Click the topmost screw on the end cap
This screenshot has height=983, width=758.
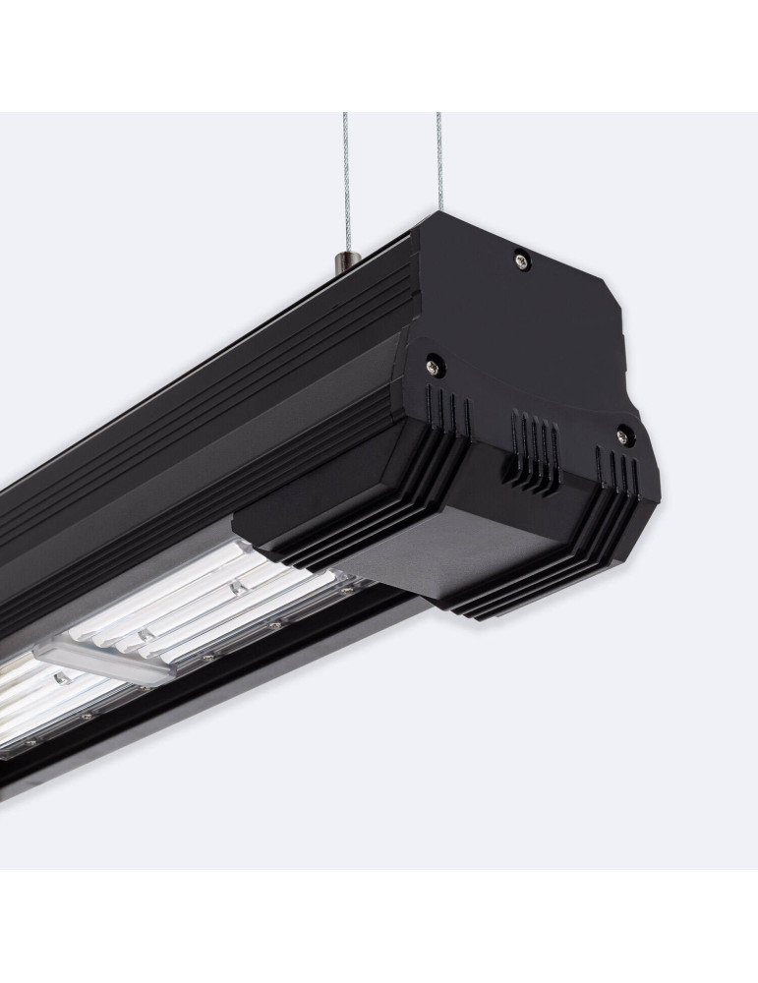point(521,260)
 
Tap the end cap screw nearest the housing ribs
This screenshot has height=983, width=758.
point(432,367)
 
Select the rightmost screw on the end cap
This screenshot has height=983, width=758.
point(621,432)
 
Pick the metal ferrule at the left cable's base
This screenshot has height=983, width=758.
point(340,260)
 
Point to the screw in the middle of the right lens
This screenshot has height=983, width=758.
point(236,588)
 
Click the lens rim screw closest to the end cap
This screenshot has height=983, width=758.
point(346,591)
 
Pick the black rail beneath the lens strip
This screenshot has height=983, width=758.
point(197,688)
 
